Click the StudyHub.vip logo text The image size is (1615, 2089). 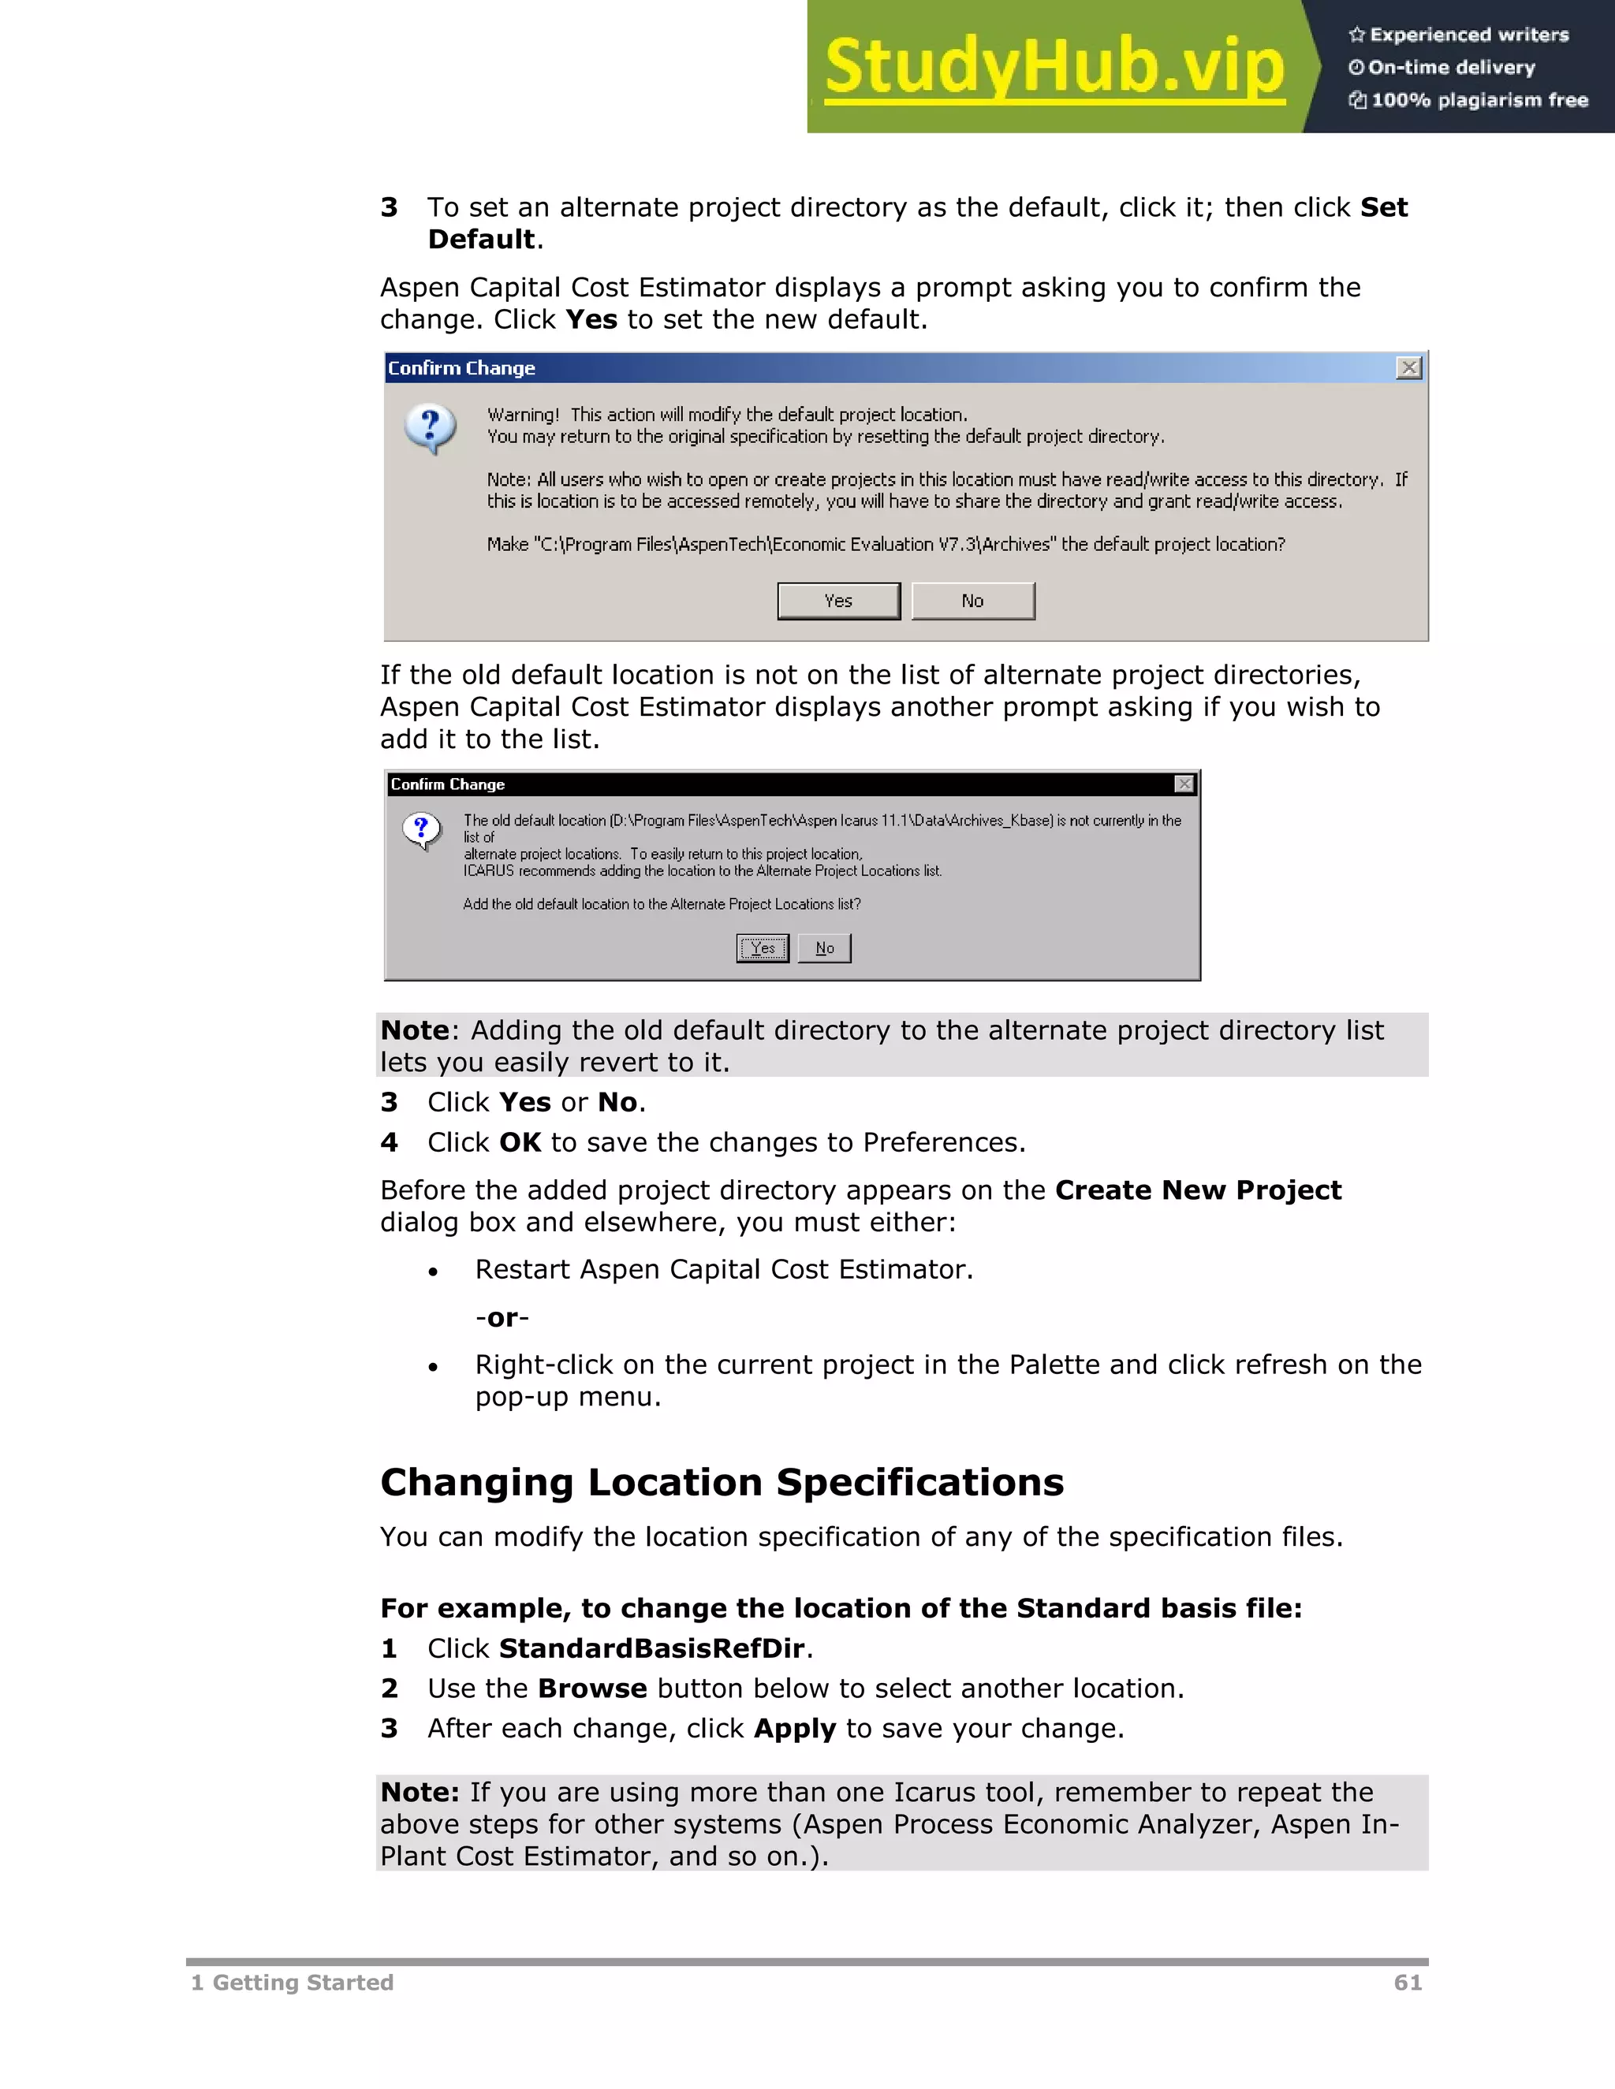tap(1054, 66)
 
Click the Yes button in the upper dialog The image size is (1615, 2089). tap(838, 601)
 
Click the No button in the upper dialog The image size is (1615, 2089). tap(972, 601)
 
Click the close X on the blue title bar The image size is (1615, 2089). tap(1408, 368)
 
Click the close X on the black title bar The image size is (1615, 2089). tap(1184, 784)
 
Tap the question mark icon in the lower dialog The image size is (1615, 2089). tap(421, 829)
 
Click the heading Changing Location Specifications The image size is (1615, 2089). tap(722, 1482)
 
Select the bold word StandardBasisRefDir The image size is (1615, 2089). tap(651, 1648)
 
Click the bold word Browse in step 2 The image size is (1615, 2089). tap(591, 1689)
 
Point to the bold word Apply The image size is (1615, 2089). tap(794, 1729)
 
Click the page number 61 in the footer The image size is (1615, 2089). tap(1408, 1982)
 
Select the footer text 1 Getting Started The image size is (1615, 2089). tap(292, 1982)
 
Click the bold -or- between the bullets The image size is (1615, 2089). tap(502, 1318)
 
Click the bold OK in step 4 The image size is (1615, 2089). tap(520, 1142)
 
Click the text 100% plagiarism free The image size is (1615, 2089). tap(1479, 100)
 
